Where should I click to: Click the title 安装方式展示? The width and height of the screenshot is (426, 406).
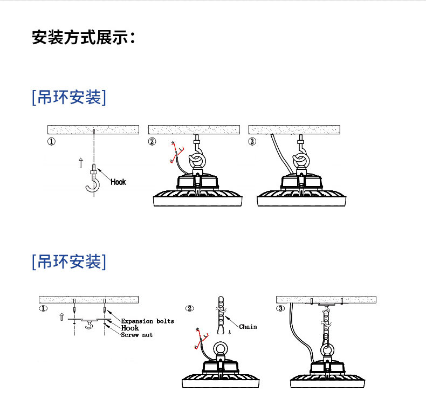point(83,38)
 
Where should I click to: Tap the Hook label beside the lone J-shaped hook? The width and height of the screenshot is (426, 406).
point(118,182)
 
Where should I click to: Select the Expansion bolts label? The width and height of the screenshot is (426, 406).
point(147,321)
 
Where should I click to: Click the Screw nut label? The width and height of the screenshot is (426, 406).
point(136,335)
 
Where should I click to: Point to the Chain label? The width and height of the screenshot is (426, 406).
point(248,327)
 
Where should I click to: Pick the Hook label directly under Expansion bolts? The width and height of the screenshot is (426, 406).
point(130,328)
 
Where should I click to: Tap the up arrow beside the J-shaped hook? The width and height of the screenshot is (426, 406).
point(80,161)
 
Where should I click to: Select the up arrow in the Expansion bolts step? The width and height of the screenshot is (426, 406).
point(61,315)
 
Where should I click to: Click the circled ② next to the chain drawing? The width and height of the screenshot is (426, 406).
point(189,308)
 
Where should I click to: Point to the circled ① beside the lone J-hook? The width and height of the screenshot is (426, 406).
point(51,142)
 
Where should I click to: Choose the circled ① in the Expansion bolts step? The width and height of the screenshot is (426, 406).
point(43,309)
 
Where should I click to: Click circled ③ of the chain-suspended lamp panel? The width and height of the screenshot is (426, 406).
point(280,309)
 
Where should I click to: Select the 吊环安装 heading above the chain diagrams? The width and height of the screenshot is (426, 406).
point(69,262)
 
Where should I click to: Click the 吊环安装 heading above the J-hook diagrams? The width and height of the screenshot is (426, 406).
point(69,98)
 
